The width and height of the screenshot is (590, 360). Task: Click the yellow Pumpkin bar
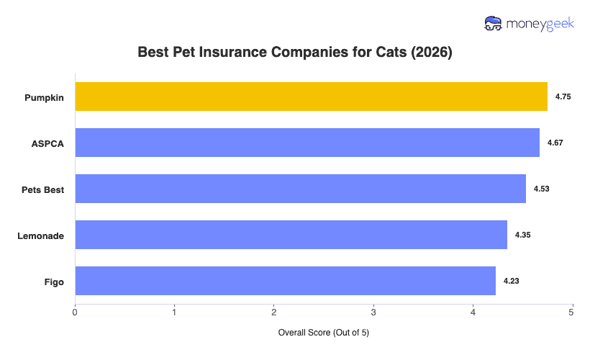[x=311, y=96]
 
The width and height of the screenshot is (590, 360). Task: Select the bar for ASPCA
[x=307, y=143]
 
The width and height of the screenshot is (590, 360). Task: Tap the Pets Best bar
[x=300, y=189]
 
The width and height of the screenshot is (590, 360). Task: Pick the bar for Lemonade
[x=291, y=235]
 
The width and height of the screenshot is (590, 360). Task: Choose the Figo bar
[x=285, y=281]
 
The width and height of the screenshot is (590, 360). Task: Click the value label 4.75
[x=563, y=96]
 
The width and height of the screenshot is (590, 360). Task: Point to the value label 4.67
[x=555, y=143]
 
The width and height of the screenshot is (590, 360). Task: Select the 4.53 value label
[x=541, y=189]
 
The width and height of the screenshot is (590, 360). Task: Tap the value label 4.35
[x=522, y=235]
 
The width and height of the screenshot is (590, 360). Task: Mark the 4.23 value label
[x=511, y=281]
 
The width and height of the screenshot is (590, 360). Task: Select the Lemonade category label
[x=40, y=235]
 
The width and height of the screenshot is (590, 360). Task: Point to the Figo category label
[x=53, y=282]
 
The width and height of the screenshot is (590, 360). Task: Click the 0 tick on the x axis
[x=75, y=312]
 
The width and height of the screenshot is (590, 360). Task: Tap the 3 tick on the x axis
[x=373, y=312]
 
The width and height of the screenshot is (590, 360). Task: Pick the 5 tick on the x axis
[x=572, y=312]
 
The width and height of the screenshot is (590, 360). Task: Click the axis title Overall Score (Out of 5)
[x=323, y=333]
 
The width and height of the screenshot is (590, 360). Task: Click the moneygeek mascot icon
[x=494, y=23]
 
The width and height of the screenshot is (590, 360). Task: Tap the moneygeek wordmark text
[x=540, y=23]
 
